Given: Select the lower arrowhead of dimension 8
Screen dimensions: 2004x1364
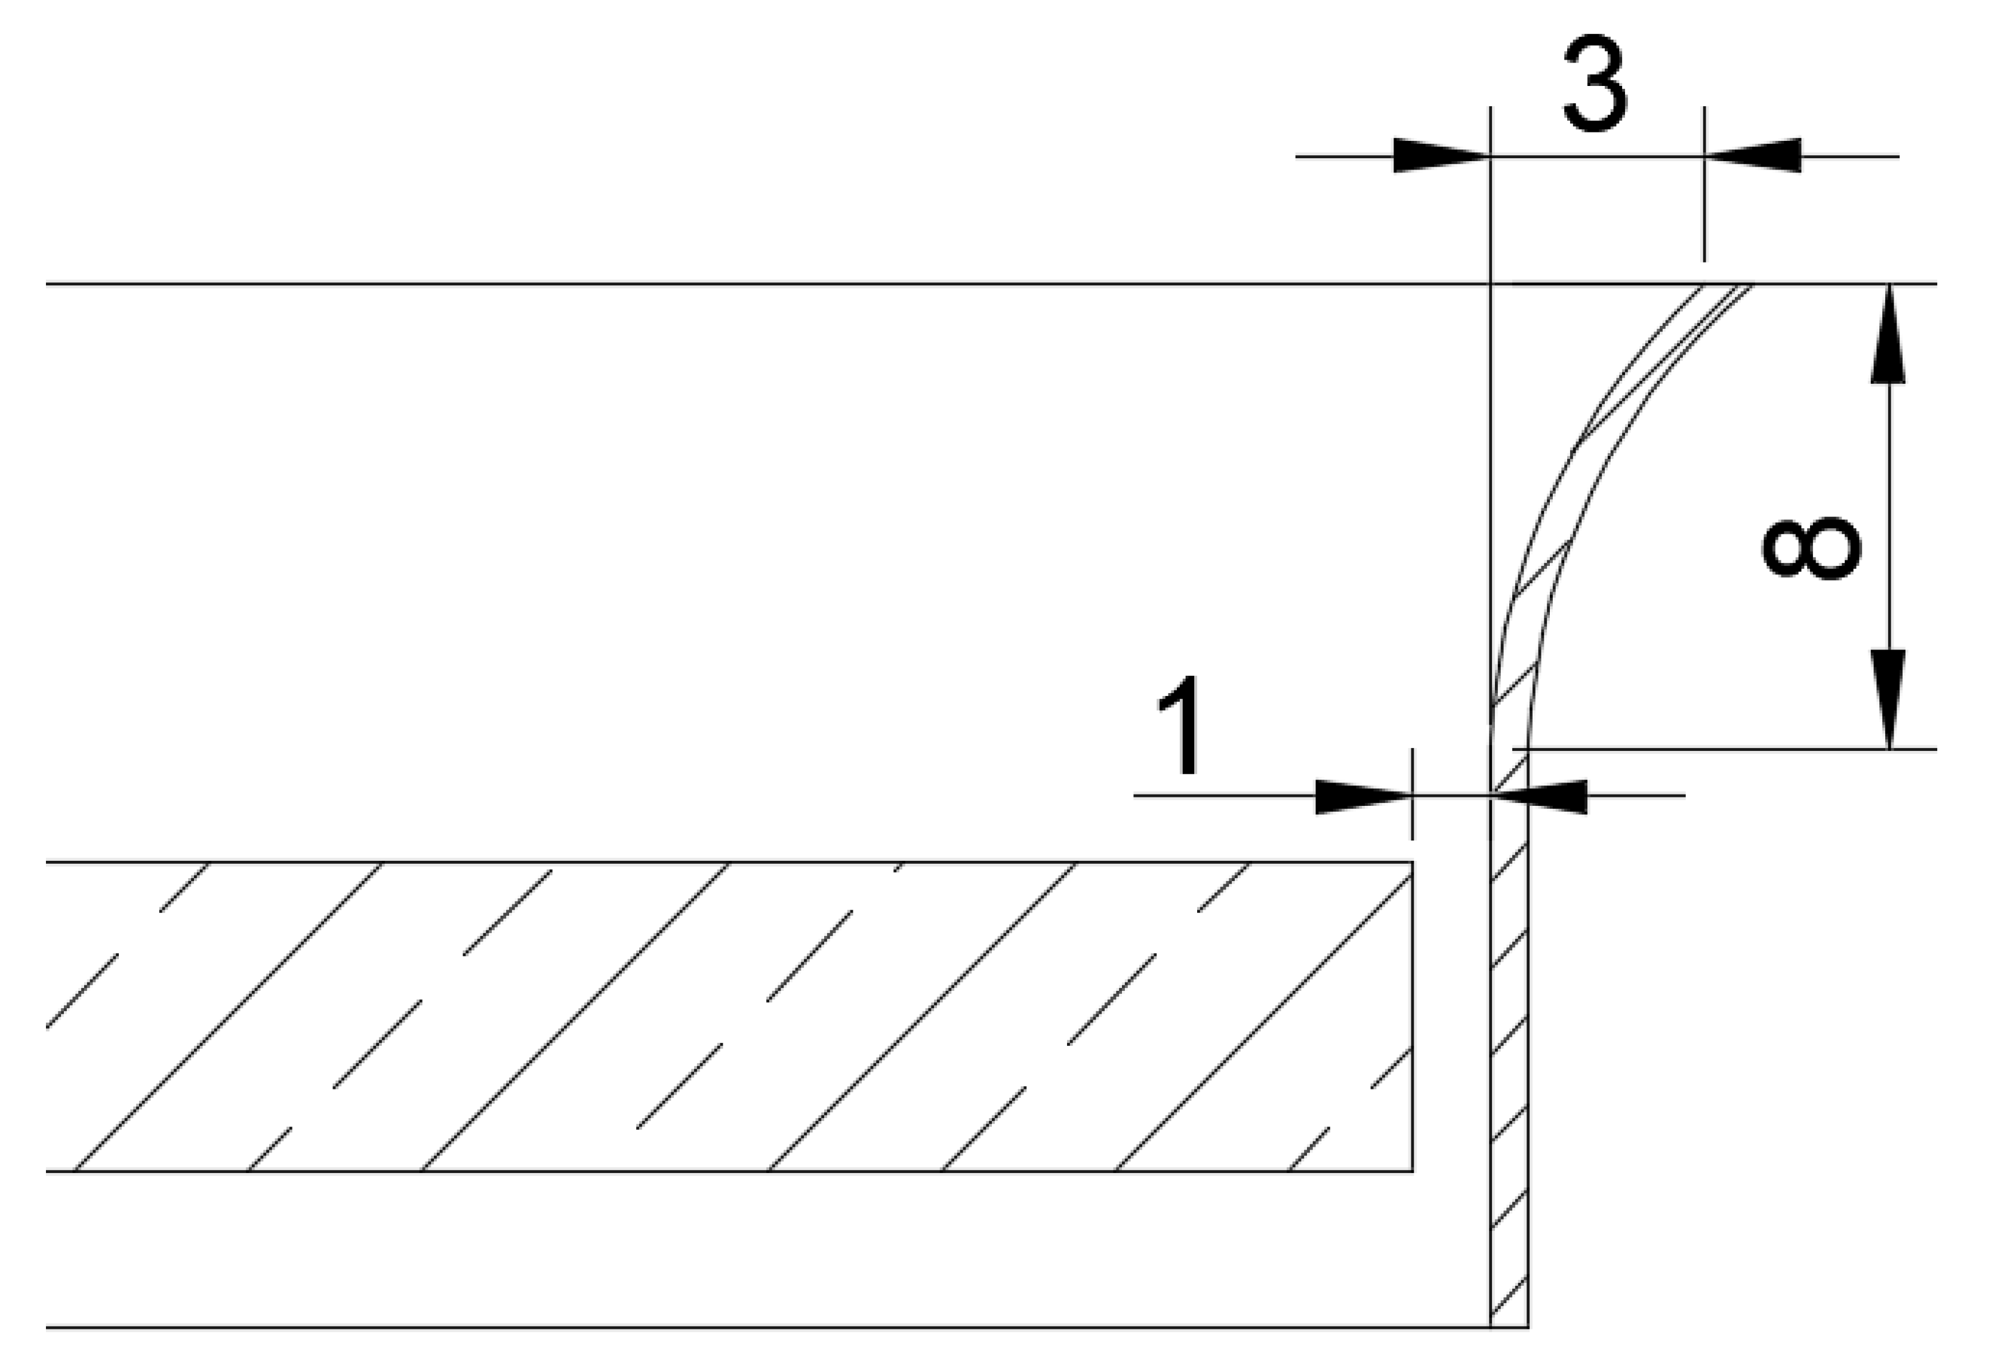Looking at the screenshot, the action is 1888,699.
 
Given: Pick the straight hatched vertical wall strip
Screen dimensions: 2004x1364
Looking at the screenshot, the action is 1510,1079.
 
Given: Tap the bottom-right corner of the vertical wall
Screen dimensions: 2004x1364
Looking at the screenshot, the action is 1528,1327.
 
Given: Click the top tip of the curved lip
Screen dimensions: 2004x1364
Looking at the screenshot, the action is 1727,285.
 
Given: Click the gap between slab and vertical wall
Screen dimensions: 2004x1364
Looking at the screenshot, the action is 1452,1018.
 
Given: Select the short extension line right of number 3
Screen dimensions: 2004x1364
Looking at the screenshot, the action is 1704,207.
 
